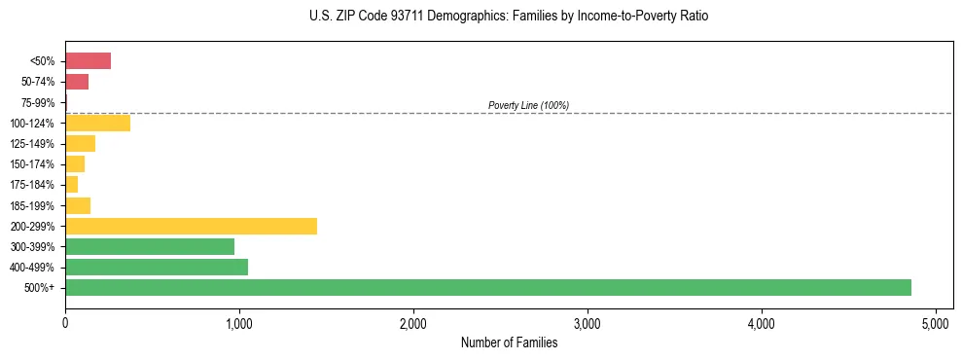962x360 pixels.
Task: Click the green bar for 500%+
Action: click(487, 287)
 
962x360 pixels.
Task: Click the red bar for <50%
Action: click(88, 61)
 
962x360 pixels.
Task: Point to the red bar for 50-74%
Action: click(77, 82)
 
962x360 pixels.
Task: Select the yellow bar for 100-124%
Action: click(97, 123)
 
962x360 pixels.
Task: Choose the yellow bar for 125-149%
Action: click(80, 144)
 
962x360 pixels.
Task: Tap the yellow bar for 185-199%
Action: click(78, 205)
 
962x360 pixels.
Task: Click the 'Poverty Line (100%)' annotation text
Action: click(528, 105)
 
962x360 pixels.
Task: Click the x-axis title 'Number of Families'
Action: click(509, 342)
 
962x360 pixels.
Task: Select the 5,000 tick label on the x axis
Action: click(936, 322)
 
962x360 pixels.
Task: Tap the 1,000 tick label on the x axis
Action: click(239, 322)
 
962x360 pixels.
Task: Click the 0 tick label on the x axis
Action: click(65, 322)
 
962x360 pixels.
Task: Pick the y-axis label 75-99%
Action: click(40, 102)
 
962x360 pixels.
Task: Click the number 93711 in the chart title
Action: click(382, 17)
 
